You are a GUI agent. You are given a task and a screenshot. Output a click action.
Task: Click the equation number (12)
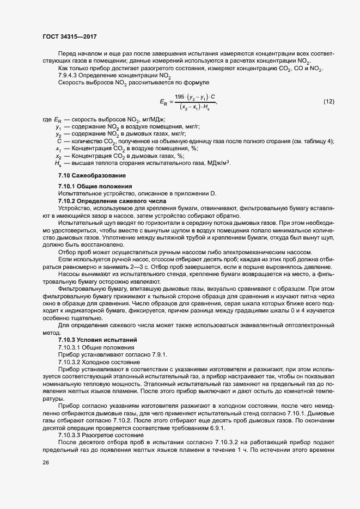(329, 102)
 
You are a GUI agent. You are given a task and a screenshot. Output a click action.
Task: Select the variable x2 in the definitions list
(58, 156)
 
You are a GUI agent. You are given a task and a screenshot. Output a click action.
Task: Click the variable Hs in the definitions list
(58, 163)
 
